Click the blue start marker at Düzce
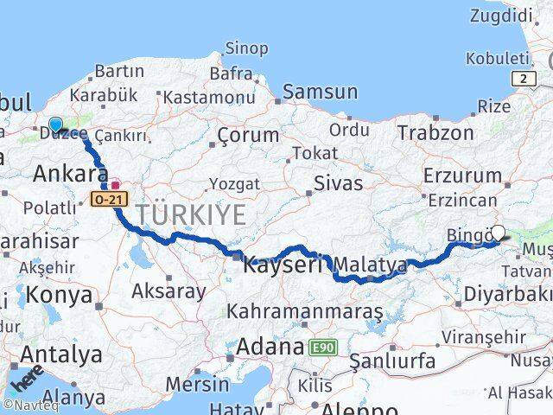click(x=55, y=125)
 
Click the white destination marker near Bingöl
click(x=498, y=233)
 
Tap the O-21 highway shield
click(x=109, y=200)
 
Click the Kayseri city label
click(x=282, y=265)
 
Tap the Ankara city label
click(x=71, y=174)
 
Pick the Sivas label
click(x=338, y=182)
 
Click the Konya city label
click(x=60, y=295)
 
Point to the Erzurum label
click(x=462, y=176)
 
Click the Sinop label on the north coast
click(x=246, y=48)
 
